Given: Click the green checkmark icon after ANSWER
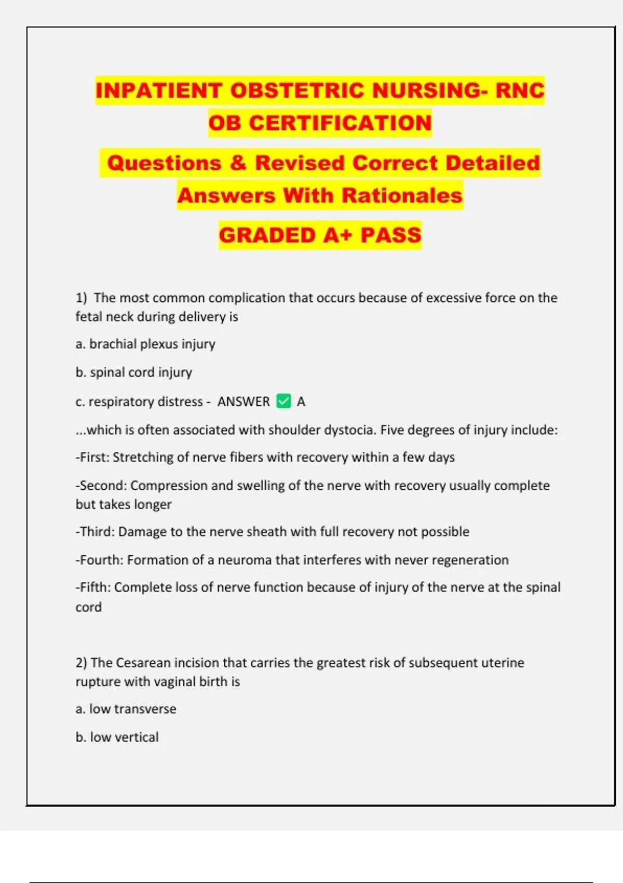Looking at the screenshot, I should (283, 401).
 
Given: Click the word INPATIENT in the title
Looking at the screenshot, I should (159, 90).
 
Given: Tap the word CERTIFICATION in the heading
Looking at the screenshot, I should (340, 123).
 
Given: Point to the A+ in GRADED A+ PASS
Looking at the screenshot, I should (338, 235).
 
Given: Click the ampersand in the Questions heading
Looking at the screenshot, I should (238, 163).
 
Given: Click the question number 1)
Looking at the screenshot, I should (82, 298).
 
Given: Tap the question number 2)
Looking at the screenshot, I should (82, 663).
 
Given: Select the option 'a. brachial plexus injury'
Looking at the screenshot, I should (145, 344).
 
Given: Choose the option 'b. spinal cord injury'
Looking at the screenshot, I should (134, 372).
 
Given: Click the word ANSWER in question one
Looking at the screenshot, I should (243, 402).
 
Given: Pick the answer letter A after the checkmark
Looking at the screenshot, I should (301, 402).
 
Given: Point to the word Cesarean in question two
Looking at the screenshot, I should (143, 663).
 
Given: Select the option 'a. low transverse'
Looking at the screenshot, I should (126, 709).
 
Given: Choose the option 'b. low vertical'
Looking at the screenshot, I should (117, 737).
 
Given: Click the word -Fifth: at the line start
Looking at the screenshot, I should (93, 587).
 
